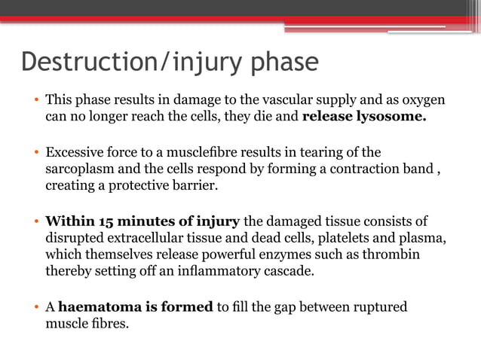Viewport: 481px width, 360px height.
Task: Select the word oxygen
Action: point(424,100)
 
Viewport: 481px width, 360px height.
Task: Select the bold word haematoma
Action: point(97,307)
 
